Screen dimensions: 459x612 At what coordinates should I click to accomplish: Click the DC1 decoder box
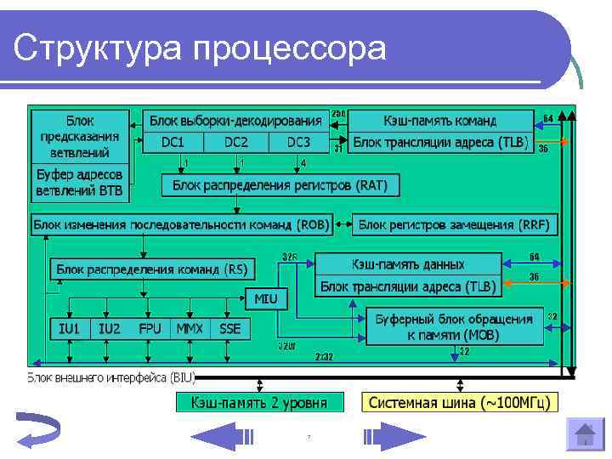click(173, 142)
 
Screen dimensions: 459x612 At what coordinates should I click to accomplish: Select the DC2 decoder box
click(236, 142)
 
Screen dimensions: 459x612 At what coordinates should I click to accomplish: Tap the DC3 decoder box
click(298, 142)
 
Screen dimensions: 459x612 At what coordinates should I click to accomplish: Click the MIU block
click(266, 298)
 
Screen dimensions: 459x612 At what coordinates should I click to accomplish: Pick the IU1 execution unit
click(69, 327)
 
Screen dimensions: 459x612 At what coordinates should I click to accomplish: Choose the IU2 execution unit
click(110, 327)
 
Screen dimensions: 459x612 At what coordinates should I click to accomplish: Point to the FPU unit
click(150, 327)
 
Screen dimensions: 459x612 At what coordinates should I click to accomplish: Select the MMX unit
click(190, 327)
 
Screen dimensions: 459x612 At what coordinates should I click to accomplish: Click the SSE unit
click(230, 327)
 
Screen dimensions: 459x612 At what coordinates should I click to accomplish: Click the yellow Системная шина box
click(460, 401)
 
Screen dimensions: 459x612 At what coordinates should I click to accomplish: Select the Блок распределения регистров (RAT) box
click(280, 184)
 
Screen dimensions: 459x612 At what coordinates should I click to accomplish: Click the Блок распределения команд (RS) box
click(150, 269)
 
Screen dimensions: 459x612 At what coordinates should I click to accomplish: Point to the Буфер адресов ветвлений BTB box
click(79, 183)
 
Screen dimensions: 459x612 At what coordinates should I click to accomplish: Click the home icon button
click(584, 436)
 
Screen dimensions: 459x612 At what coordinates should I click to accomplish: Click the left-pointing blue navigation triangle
click(223, 436)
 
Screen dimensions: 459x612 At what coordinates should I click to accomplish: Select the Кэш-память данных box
click(408, 263)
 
